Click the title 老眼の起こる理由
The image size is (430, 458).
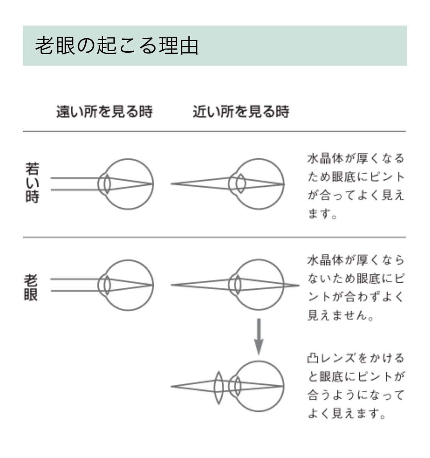click(x=117, y=45)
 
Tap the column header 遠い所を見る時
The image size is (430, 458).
click(x=104, y=111)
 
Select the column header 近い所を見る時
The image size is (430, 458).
click(x=241, y=111)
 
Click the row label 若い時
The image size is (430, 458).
click(x=32, y=183)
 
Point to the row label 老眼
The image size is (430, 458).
click(x=31, y=287)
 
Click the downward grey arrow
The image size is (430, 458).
click(x=259, y=337)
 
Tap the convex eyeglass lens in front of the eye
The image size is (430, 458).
click(x=219, y=388)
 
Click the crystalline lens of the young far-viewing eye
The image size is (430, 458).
click(x=107, y=184)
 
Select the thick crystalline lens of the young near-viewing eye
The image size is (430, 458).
click(x=241, y=184)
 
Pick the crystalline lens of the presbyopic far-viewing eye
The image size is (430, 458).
click(x=107, y=285)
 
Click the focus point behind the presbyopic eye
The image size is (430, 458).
click(x=299, y=285)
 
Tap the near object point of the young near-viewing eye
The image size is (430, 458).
click(x=172, y=184)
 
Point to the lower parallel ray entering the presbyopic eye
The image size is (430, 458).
click(x=75, y=291)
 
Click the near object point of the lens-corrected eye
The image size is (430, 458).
click(x=172, y=386)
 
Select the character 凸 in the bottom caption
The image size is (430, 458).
click(x=313, y=358)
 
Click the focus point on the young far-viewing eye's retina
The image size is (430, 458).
click(x=153, y=184)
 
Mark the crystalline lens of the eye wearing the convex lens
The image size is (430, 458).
click(x=237, y=386)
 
